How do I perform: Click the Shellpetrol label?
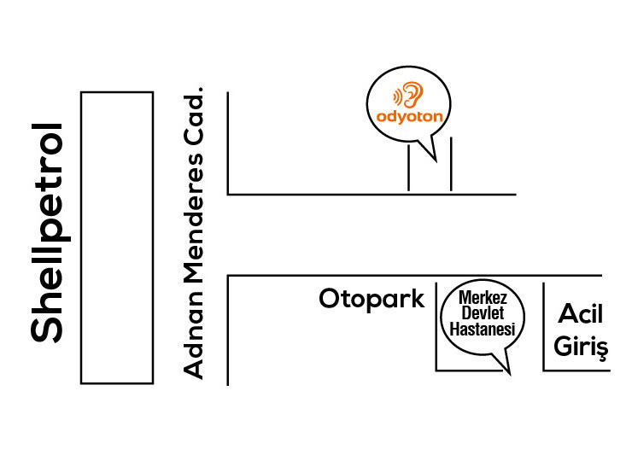49,232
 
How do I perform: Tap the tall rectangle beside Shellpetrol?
117,236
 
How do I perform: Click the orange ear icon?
412,93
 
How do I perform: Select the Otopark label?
372,299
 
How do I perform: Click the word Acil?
581,315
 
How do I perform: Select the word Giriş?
581,347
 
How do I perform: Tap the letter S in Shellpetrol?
49,329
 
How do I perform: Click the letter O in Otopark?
331,299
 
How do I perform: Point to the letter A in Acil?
567,315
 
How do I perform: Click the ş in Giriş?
600,350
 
